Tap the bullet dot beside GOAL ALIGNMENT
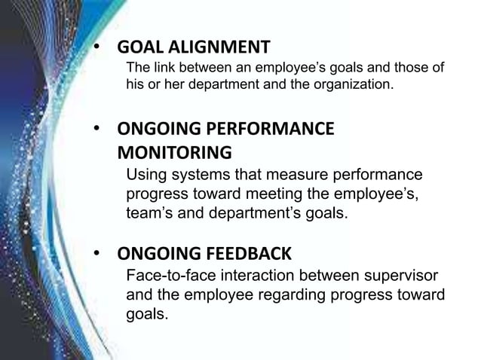97,47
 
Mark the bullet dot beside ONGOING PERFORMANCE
97,129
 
